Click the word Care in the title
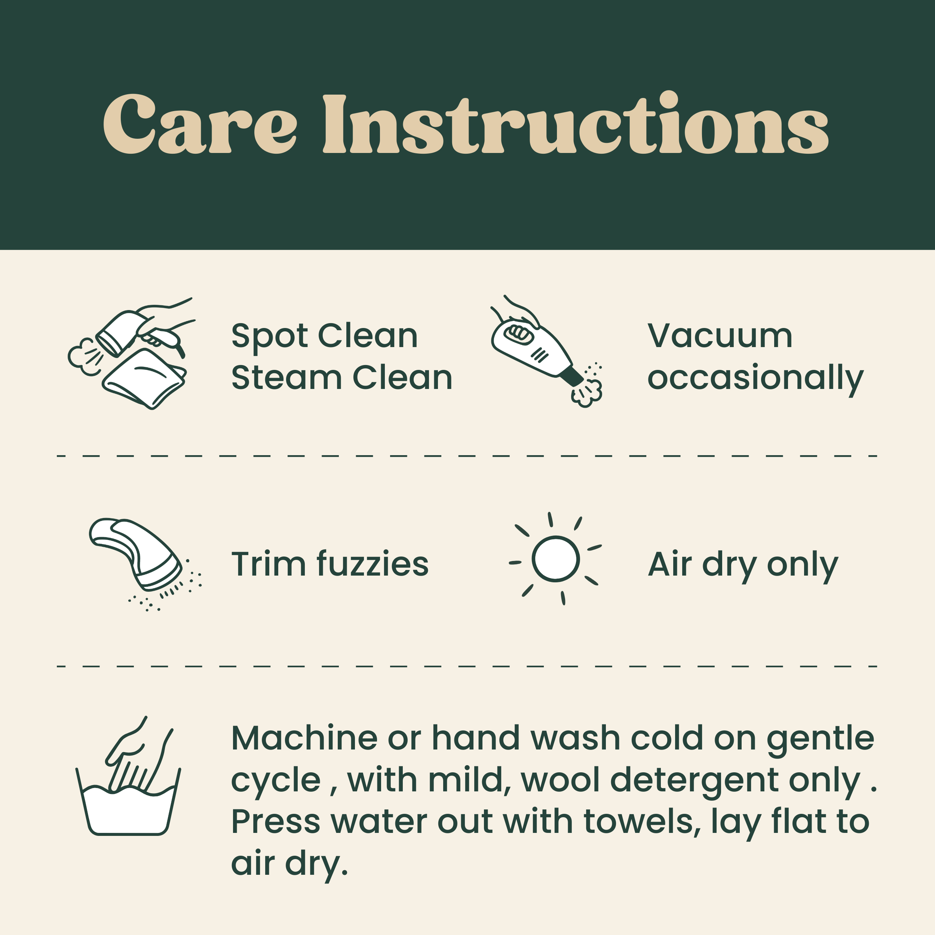199,125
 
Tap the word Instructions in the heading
576,125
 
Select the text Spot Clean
324,335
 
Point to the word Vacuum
720,335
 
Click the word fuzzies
372,564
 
